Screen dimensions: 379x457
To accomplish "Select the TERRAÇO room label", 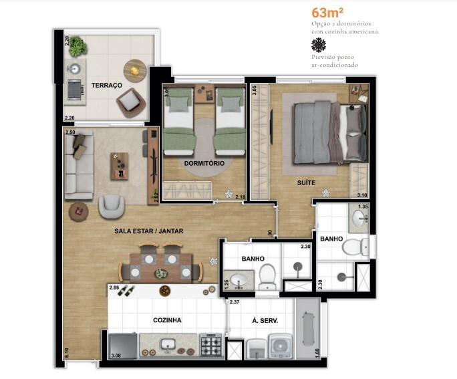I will [x=107, y=86].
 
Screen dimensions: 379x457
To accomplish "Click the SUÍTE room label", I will [x=307, y=181].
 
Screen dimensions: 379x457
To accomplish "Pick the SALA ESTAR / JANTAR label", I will [x=148, y=231].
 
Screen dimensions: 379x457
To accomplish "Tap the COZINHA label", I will [x=167, y=320].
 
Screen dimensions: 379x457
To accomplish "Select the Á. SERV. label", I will [x=265, y=320].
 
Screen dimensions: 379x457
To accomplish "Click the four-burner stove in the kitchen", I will [x=211, y=344].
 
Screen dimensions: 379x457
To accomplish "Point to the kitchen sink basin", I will [x=168, y=344].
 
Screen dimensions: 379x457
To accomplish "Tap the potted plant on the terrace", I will [x=78, y=46].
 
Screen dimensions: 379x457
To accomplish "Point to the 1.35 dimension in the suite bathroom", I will [x=363, y=207].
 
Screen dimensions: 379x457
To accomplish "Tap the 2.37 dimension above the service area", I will [x=235, y=302].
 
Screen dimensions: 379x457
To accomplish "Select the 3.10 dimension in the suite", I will [x=362, y=195].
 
